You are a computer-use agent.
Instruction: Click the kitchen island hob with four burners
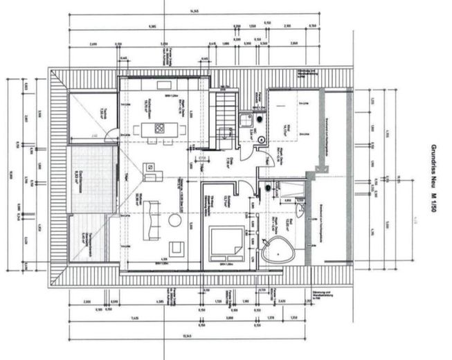coord(160,128)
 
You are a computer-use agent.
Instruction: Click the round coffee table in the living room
coord(175,220)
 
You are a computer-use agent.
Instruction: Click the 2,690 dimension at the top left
coord(94,43)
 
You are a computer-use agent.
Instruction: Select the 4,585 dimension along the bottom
coord(161,302)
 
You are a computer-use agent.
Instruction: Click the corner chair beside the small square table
coord(149,168)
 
